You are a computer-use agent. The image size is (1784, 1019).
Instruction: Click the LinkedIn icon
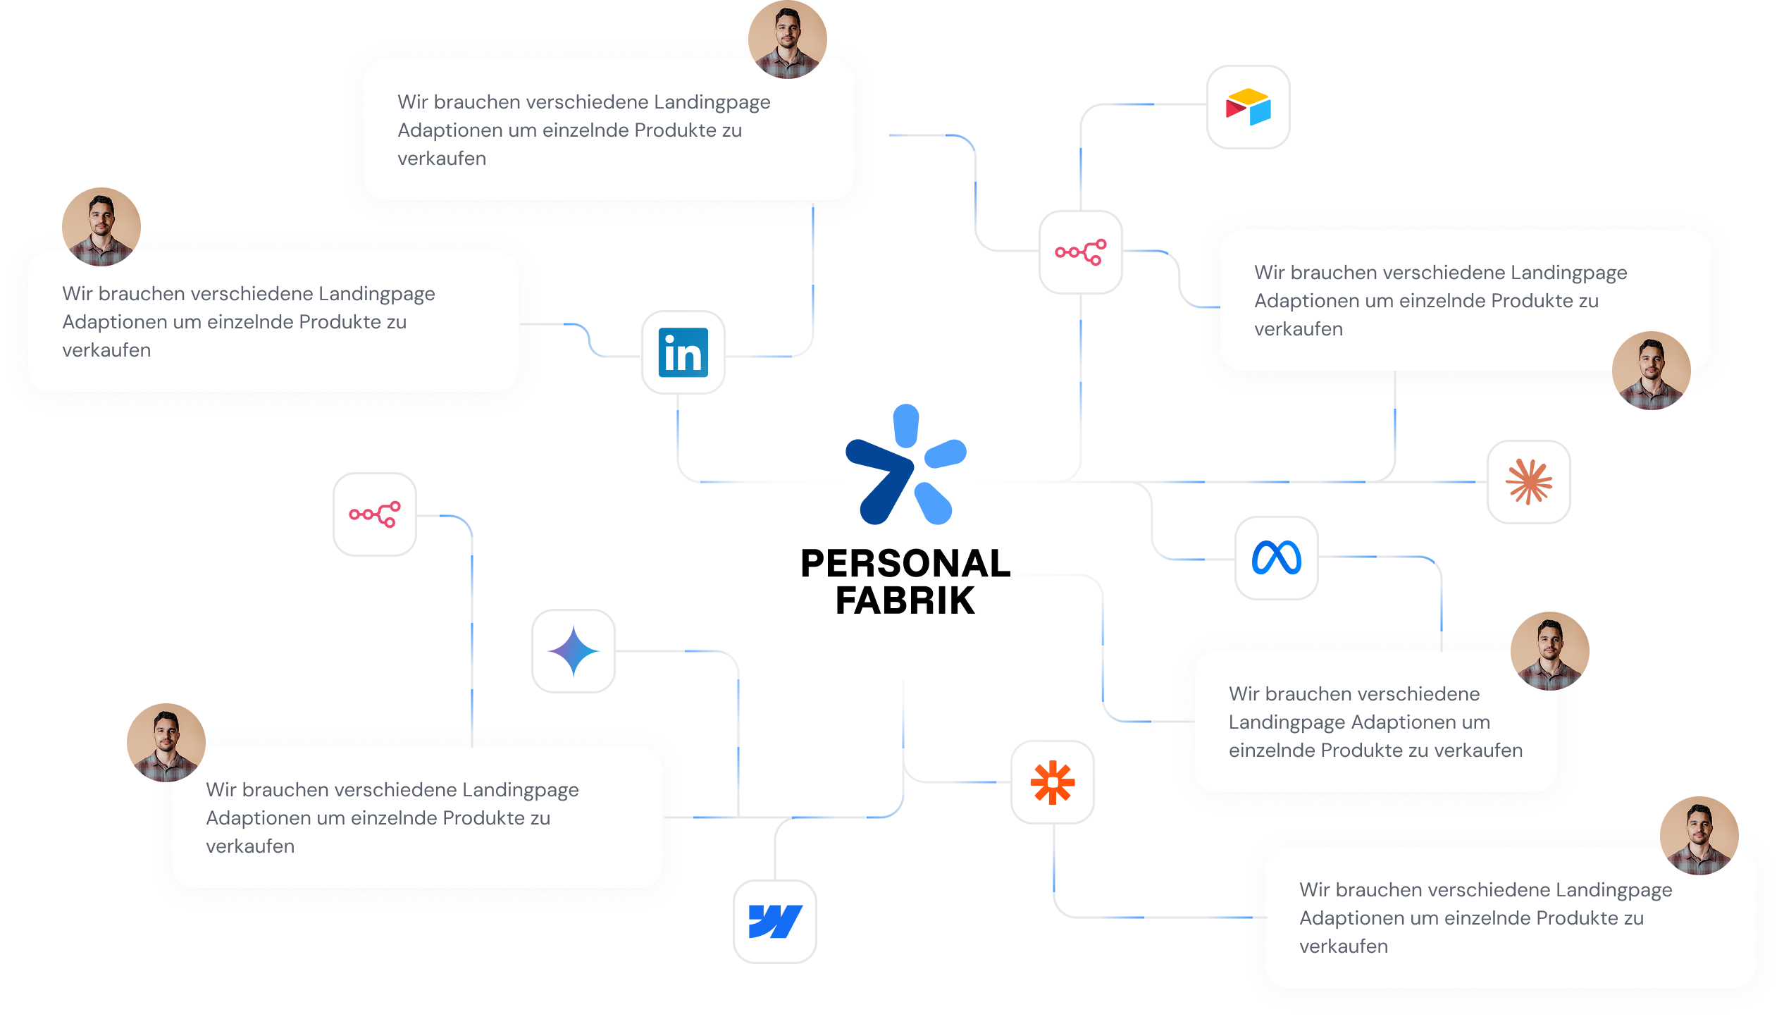(x=683, y=352)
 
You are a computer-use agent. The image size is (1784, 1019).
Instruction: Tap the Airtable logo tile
(x=1248, y=107)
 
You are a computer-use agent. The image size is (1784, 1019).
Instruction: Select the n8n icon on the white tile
(x=1080, y=252)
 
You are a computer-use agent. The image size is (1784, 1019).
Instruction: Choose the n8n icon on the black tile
(x=375, y=514)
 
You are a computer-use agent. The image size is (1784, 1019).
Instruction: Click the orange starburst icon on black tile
(x=1528, y=482)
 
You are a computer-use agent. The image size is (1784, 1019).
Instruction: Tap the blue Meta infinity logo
(x=1276, y=558)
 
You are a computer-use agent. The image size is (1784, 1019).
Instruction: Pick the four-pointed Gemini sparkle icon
(x=574, y=651)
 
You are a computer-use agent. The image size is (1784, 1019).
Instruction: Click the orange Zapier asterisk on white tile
(x=1052, y=782)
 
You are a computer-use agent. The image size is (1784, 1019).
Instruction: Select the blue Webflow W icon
(x=775, y=922)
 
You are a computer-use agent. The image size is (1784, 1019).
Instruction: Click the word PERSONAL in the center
(x=905, y=564)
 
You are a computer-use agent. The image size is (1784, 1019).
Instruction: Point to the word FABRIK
(x=905, y=601)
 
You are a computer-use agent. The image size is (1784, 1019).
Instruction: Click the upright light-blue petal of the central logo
(x=906, y=426)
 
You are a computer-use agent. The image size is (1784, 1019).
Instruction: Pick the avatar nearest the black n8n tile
(x=166, y=742)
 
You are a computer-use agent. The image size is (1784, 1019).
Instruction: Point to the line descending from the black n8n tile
(x=471, y=634)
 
